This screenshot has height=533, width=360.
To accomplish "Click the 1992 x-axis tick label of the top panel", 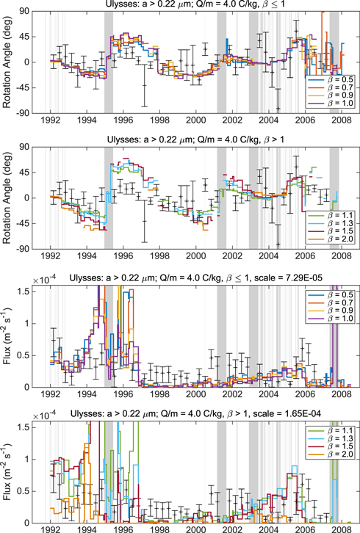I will (x=50, y=120).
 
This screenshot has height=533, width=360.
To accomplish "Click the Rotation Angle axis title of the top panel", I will (x=8, y=62).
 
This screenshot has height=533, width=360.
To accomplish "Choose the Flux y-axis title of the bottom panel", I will (x=8, y=470).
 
